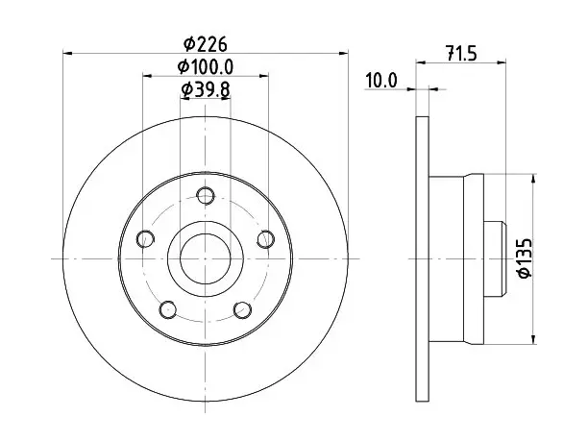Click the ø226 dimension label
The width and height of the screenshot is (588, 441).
205,44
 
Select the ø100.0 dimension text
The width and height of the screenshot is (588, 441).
205,67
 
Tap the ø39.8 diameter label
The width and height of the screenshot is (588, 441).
205,89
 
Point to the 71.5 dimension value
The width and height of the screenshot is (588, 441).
461,53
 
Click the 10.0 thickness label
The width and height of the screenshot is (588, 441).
381,81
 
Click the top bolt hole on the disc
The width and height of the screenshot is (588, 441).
206,195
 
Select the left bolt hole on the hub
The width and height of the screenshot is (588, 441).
145,239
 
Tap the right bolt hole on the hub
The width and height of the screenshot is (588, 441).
265,239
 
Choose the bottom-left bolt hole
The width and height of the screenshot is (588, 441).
168,309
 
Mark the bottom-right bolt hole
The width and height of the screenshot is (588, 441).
242,309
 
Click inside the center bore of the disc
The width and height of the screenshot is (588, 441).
205,258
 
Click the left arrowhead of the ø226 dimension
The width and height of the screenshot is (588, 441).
67,53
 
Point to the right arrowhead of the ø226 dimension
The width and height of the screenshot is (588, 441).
344,53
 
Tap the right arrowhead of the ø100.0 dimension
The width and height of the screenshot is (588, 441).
264,76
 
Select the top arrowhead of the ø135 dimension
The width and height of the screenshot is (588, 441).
534,179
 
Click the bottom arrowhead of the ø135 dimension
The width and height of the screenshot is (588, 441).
534,339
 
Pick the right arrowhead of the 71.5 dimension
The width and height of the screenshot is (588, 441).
502,62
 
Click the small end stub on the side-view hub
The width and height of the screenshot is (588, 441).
495,258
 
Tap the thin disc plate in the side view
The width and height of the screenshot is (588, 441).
423,258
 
